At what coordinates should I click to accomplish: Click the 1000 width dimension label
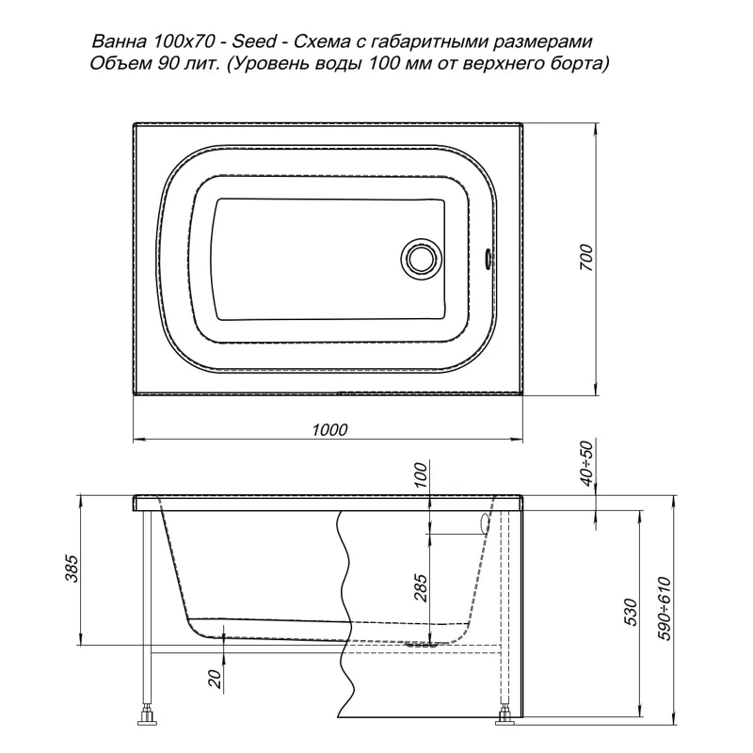(329, 429)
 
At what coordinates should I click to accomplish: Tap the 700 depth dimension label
(587, 257)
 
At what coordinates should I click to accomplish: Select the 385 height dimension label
(72, 569)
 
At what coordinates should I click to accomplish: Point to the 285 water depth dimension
(420, 587)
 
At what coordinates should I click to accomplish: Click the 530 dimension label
(632, 612)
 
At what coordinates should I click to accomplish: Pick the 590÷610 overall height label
(665, 608)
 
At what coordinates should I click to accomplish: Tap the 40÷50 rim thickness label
(587, 464)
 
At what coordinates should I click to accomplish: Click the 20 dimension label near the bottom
(216, 679)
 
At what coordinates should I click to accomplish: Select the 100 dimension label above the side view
(420, 474)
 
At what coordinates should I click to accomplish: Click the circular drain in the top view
(421, 258)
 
